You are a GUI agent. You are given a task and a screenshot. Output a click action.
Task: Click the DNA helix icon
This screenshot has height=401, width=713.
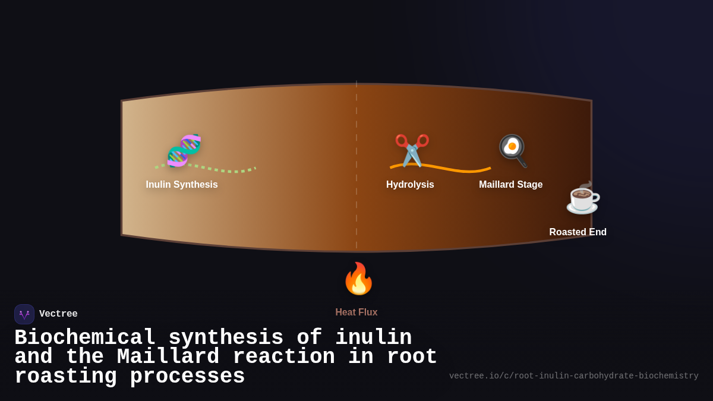184,150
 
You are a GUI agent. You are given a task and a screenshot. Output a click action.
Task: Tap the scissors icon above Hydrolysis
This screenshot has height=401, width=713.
412,150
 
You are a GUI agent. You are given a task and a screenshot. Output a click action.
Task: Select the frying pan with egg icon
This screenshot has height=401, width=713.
512,150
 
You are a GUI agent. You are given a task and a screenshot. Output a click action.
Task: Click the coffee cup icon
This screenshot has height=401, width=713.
582,198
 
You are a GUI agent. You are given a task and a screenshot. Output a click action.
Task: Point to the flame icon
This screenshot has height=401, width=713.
358,279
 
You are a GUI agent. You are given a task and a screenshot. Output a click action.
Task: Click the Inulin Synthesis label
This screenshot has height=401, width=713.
182,185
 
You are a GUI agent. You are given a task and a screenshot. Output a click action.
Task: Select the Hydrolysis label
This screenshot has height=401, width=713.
410,185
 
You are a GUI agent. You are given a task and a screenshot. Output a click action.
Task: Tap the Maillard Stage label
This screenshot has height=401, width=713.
510,185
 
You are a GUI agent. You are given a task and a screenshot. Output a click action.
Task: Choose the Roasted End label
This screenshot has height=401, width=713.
578,232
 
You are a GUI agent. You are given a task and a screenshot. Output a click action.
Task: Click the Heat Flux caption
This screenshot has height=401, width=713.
356,312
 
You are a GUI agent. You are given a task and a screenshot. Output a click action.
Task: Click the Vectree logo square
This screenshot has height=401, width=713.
24,314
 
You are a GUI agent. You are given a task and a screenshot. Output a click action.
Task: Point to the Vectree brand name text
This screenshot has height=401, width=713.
58,314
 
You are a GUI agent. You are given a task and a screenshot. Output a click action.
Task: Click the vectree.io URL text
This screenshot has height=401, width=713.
573,376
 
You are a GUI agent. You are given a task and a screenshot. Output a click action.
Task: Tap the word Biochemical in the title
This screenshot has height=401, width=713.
85,337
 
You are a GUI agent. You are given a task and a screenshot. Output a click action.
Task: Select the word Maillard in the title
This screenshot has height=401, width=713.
168,357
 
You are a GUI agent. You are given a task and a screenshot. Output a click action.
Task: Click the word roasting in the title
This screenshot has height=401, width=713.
65,377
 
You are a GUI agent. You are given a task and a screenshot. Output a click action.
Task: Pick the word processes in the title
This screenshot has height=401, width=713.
187,377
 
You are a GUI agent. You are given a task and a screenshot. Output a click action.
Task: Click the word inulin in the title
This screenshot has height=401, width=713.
373,337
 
